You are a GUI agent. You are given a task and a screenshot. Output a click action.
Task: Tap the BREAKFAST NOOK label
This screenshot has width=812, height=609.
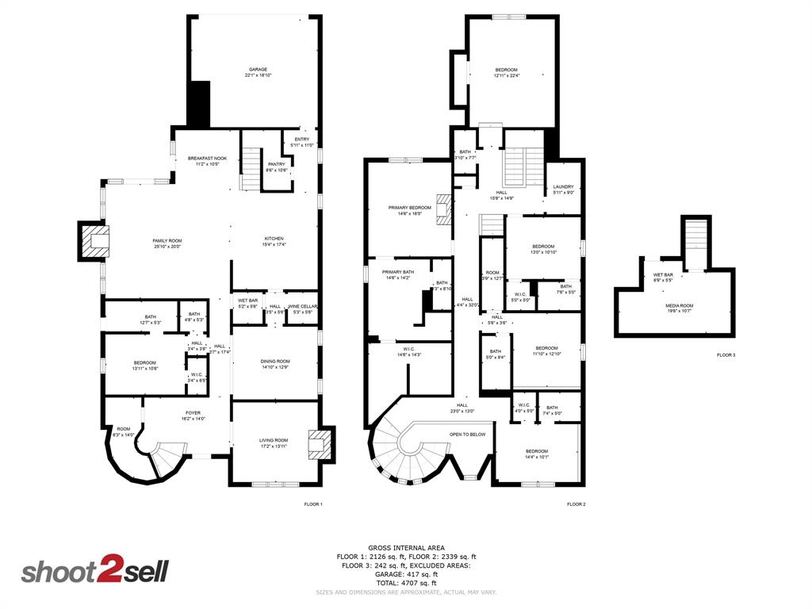[207, 159]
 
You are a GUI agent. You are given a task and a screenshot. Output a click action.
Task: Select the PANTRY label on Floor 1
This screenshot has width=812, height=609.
[276, 164]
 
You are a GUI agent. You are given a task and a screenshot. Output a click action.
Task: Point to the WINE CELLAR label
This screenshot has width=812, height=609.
[302, 306]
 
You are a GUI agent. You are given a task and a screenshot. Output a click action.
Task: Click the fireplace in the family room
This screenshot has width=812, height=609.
[94, 241]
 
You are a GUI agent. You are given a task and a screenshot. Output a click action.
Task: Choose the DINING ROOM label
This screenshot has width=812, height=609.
[275, 362]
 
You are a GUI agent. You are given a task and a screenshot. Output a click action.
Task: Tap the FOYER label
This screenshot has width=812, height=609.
[193, 412]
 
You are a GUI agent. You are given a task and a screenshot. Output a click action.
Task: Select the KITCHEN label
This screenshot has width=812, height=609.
[274, 239]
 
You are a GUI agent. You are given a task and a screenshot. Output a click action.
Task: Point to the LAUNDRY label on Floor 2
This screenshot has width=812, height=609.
[563, 187]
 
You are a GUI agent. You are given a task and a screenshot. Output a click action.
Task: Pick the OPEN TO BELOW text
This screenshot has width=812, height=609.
[467, 435]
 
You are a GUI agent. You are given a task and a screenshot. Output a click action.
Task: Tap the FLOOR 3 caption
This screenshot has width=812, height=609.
[726, 355]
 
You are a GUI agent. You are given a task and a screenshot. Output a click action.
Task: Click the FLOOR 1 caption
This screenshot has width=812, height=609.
[313, 504]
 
